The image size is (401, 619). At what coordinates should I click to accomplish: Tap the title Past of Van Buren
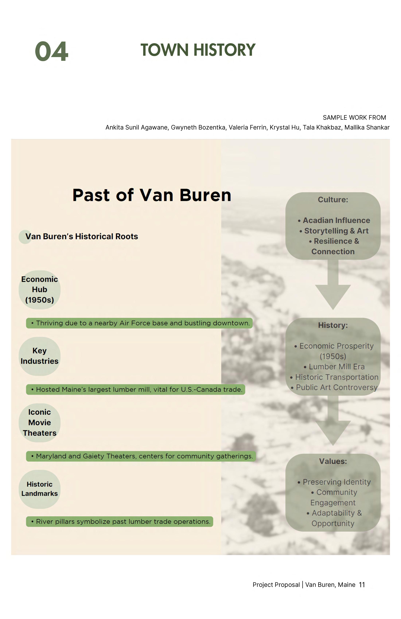152,195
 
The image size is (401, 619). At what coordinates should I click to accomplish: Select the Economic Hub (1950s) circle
40,289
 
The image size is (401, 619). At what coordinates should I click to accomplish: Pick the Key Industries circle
40,356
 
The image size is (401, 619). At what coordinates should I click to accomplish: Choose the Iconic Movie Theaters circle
40,423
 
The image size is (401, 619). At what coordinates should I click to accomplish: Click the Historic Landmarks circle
40,489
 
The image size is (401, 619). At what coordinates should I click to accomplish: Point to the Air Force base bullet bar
139,323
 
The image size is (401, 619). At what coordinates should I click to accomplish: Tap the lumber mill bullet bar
135,389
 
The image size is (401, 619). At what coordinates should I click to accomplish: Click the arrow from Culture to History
333,286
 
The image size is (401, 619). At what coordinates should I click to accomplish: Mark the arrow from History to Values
333,421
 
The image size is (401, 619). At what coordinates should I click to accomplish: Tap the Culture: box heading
333,200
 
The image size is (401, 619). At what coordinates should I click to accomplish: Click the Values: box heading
333,461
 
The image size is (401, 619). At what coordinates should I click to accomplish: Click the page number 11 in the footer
362,585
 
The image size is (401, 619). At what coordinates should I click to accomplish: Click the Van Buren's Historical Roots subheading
81,236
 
